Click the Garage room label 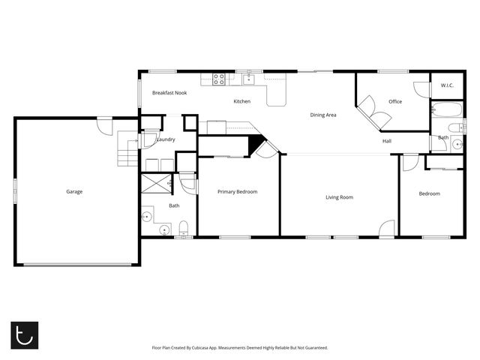click(74, 192)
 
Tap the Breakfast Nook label click(169, 93)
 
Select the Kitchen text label click(241, 101)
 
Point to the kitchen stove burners click(219, 77)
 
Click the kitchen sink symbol click(248, 79)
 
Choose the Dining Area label click(323, 115)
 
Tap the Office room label click(395, 102)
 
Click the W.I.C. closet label click(447, 85)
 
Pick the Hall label click(387, 141)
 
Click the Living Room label click(339, 198)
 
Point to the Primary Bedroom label click(237, 192)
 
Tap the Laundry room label click(166, 139)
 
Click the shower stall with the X click(157, 183)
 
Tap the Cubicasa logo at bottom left click(23, 334)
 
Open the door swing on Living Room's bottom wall click(386, 229)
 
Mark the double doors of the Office click(373, 114)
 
